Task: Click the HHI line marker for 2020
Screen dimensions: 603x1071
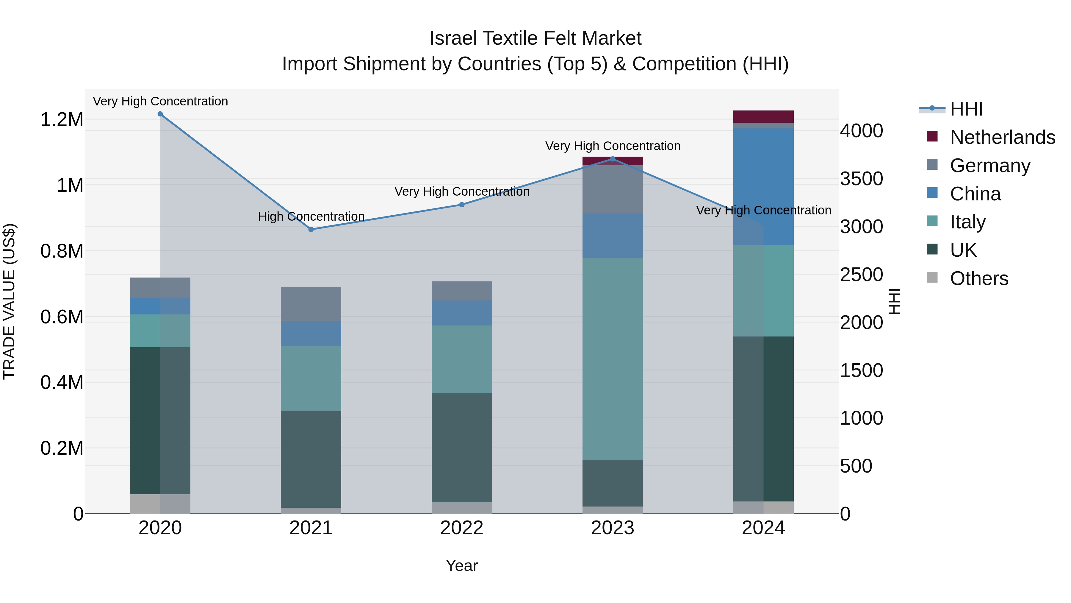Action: (x=160, y=114)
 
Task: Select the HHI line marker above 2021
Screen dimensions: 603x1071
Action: (x=311, y=229)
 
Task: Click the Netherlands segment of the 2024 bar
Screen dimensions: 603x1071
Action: (x=763, y=116)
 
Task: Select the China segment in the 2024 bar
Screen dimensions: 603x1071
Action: (x=763, y=186)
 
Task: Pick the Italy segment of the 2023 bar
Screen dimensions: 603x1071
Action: (x=613, y=359)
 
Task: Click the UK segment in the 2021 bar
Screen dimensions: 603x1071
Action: (x=311, y=459)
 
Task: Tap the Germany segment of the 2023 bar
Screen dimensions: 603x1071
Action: (x=613, y=189)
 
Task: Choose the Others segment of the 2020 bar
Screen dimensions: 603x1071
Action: (x=160, y=504)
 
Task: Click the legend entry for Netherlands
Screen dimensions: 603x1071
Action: (x=1002, y=137)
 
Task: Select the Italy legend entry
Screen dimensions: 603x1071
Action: (x=967, y=222)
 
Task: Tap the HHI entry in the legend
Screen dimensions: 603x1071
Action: (x=966, y=109)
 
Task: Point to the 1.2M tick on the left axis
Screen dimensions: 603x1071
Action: (x=62, y=120)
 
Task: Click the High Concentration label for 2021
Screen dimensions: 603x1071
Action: (x=311, y=216)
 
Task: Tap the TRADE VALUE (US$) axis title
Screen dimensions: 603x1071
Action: (x=9, y=301)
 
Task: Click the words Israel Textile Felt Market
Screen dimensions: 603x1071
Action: (x=535, y=38)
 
